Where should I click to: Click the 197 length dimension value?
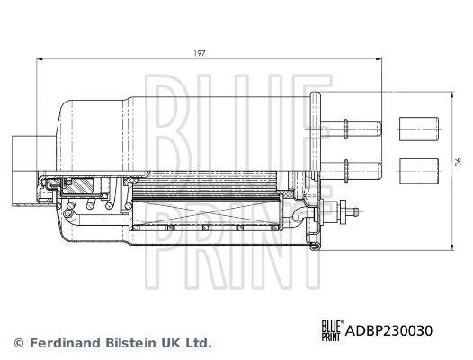click(199, 54)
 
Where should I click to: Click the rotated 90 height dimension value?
click(458, 162)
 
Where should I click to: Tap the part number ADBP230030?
click(388, 330)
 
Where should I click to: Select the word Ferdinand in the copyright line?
click(66, 343)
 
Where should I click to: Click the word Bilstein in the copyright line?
click(131, 343)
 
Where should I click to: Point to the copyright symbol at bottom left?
click(19, 343)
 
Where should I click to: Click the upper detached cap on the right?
click(419, 129)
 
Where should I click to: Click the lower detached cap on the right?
click(419, 171)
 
